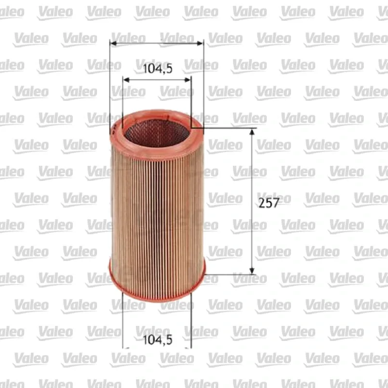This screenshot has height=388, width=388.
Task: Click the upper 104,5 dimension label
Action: [x=158, y=68]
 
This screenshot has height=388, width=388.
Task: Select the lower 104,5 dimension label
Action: [x=158, y=340]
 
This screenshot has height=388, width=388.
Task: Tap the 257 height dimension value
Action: [x=269, y=203]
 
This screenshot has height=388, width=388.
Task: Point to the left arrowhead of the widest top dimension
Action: [x=113, y=44]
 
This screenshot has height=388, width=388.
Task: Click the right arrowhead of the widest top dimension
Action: [x=200, y=44]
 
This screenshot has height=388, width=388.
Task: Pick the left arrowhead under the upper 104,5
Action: [x=126, y=80]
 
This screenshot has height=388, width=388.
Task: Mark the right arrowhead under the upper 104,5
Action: [x=188, y=80]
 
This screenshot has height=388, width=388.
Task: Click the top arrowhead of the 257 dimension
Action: [x=252, y=132]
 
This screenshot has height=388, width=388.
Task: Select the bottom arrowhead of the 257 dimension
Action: [x=252, y=271]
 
